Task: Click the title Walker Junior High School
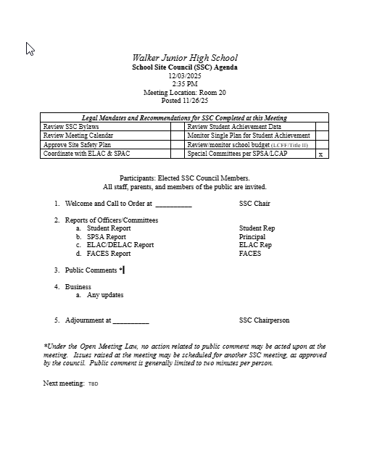pyautogui.click(x=184, y=58)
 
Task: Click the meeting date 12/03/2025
pyautogui.click(x=184, y=75)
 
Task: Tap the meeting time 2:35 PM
pyautogui.click(x=184, y=84)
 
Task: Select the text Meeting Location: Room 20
pyautogui.click(x=184, y=93)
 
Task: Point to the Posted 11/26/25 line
pyautogui.click(x=184, y=101)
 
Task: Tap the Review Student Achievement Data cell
pyautogui.click(x=234, y=127)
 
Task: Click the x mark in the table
pyautogui.click(x=321, y=154)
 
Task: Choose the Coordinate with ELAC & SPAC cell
pyautogui.click(x=86, y=154)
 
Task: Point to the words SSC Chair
pyautogui.click(x=254, y=204)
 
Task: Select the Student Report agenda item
pyautogui.click(x=109, y=228)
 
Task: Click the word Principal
pyautogui.click(x=252, y=237)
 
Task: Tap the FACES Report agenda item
pyautogui.click(x=109, y=254)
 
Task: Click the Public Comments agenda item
pyautogui.click(x=91, y=270)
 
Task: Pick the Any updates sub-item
pyautogui.click(x=105, y=295)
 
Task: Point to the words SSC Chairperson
pyautogui.click(x=264, y=320)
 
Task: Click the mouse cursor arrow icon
pyautogui.click(x=30, y=49)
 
